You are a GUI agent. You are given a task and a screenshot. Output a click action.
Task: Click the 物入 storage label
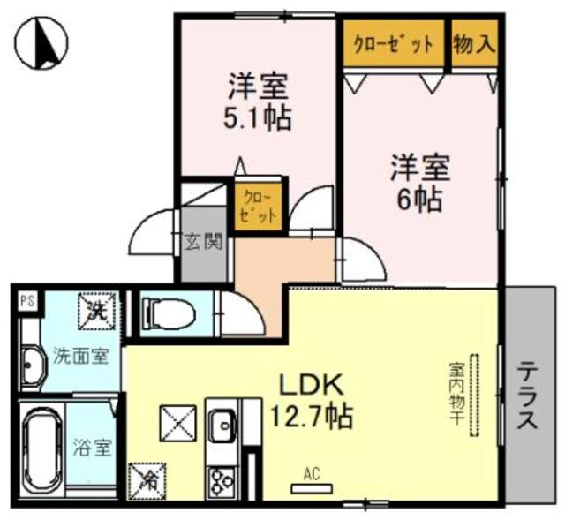474,43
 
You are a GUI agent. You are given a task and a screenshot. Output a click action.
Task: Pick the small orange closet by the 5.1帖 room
260,206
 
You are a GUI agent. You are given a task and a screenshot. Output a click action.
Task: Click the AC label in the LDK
310,473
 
